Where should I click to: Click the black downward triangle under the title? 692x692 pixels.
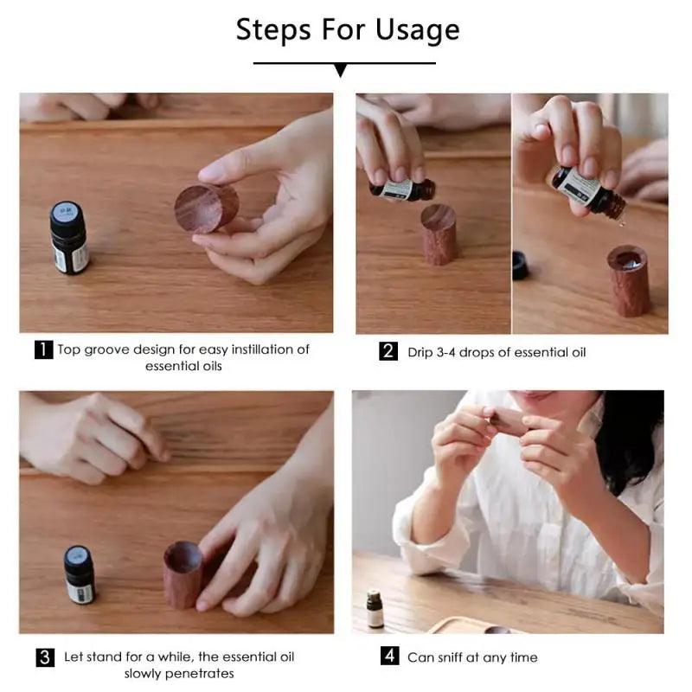(x=340, y=70)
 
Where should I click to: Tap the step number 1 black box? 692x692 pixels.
(x=43, y=350)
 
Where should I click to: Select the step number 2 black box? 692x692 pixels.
(x=388, y=352)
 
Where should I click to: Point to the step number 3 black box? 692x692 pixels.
(x=45, y=657)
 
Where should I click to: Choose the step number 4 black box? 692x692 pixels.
(x=389, y=657)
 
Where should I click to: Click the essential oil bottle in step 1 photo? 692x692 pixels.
(x=68, y=237)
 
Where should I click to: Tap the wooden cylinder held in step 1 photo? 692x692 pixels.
(x=206, y=208)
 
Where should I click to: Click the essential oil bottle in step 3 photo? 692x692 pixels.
(x=80, y=574)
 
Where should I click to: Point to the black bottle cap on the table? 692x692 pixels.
(x=520, y=265)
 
